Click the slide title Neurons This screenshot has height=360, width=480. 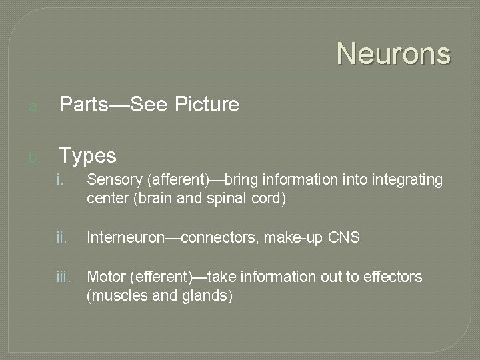click(393, 53)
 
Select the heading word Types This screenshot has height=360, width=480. click(87, 156)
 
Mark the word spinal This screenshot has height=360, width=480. click(224, 199)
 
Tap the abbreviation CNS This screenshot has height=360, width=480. click(344, 237)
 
